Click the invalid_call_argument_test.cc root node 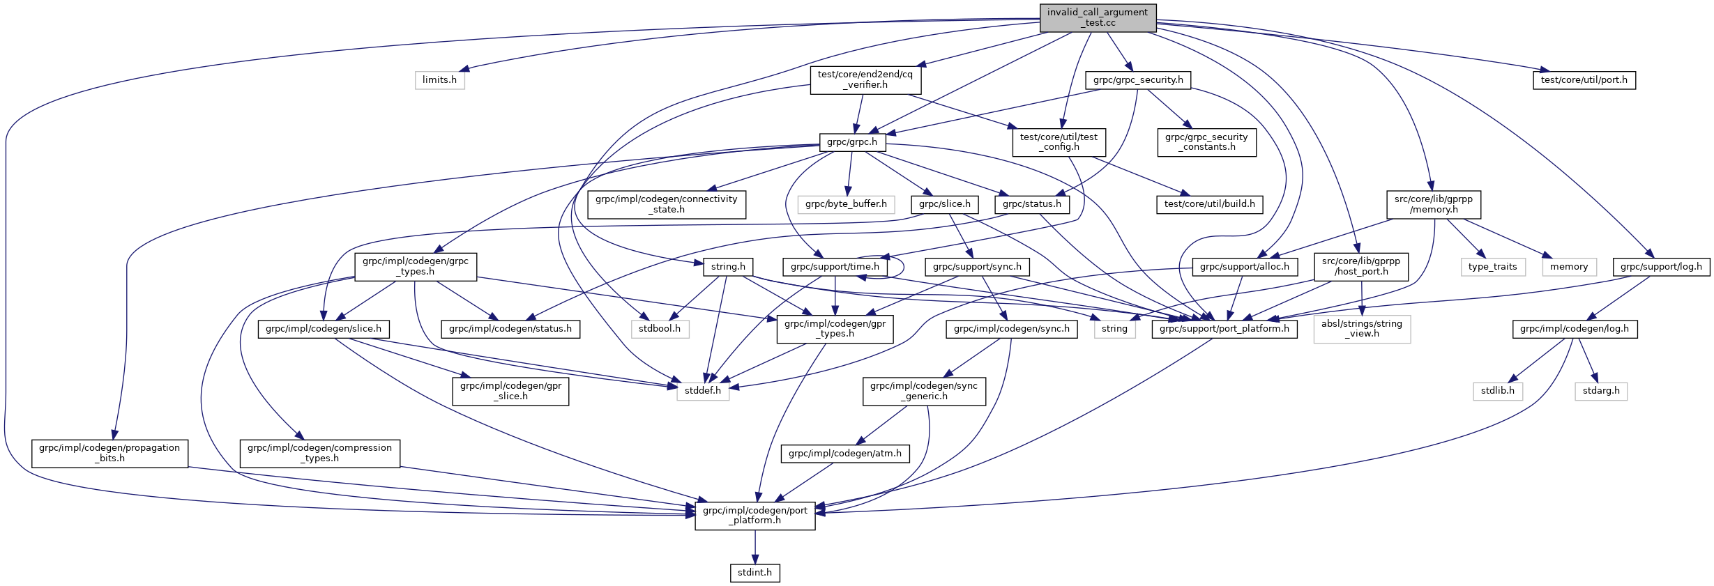pyautogui.click(x=1098, y=17)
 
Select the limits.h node pyautogui.click(x=439, y=80)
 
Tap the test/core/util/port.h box pyautogui.click(x=1584, y=80)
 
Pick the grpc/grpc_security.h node pyautogui.click(x=1137, y=80)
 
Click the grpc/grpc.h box pyautogui.click(x=851, y=142)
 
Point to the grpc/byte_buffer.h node pyautogui.click(x=845, y=204)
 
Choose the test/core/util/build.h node pyautogui.click(x=1209, y=204)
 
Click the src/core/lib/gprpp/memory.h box pyautogui.click(x=1433, y=204)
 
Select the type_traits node pyautogui.click(x=1492, y=267)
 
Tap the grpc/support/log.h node pyautogui.click(x=1660, y=267)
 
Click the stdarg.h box pyautogui.click(x=1600, y=391)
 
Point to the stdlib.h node pyautogui.click(x=1497, y=391)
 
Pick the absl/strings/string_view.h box pyautogui.click(x=1361, y=329)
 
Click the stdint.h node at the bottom pyautogui.click(x=754, y=573)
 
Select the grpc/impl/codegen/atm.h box pyautogui.click(x=844, y=454)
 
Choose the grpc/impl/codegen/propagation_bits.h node pyautogui.click(x=109, y=453)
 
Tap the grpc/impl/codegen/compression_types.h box pyautogui.click(x=319, y=453)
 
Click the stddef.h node pyautogui.click(x=702, y=391)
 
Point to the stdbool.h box pyautogui.click(x=660, y=329)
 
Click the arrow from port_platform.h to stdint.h pyautogui.click(x=754, y=547)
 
